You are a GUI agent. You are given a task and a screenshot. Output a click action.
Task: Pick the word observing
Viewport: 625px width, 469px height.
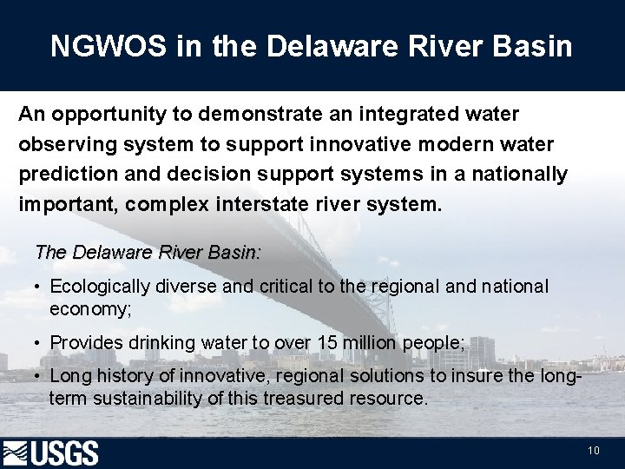[61, 144]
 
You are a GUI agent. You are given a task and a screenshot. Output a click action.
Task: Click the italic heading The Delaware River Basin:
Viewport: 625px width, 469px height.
[147, 253]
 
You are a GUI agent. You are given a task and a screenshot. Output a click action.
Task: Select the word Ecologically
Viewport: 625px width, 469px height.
[101, 286]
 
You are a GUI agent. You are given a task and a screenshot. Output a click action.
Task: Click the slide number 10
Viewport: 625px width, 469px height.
[594, 451]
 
